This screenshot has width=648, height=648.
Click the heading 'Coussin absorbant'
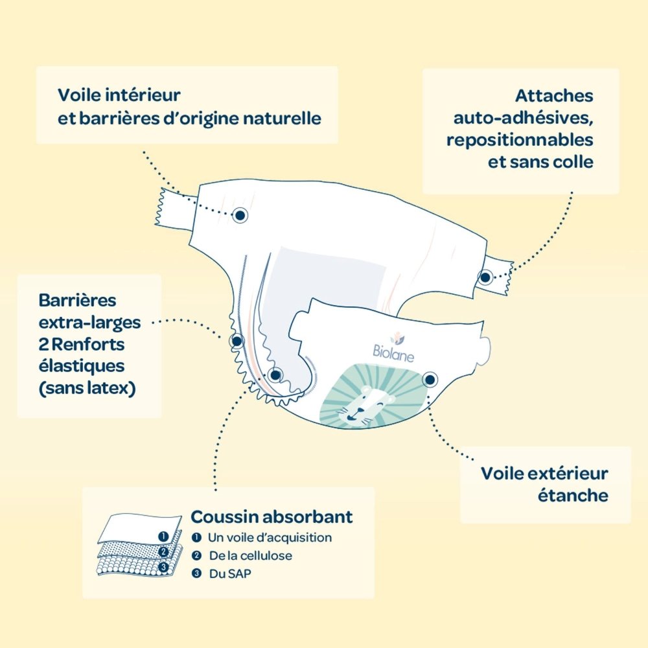(272, 516)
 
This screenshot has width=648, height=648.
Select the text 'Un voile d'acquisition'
(270, 537)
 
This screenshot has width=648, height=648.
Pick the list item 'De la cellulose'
(250, 555)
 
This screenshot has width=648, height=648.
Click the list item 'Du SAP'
(230, 573)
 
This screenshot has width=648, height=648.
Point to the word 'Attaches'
(554, 96)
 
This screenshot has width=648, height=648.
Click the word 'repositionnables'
(520, 140)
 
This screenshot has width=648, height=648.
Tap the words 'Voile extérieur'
(544, 474)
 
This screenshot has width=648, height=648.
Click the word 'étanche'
(573, 495)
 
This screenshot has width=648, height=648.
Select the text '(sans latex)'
(87, 388)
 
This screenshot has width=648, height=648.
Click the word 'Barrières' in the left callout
(77, 301)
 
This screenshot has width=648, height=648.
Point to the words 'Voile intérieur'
(119, 95)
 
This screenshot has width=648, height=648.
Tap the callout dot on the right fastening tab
(485, 277)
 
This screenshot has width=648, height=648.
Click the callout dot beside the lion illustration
(430, 379)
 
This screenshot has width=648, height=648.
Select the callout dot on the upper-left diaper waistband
(240, 215)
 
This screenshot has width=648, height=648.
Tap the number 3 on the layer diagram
(164, 567)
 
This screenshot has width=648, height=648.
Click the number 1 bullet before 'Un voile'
(197, 537)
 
